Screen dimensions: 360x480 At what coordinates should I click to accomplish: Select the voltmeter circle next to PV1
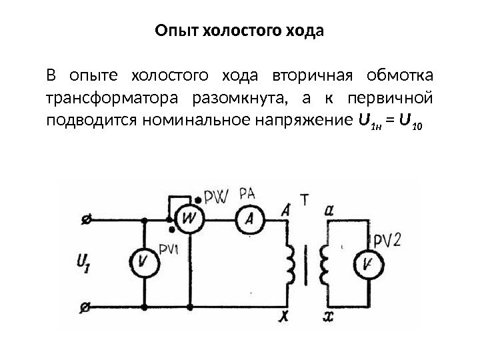coord(143,263)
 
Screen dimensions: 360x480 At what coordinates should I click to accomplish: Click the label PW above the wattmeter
coord(217,197)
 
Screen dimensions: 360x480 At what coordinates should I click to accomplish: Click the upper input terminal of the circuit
coord(85,218)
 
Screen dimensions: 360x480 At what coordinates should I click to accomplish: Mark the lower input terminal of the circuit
coord(85,308)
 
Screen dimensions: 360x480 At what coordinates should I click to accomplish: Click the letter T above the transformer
coord(304,198)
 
